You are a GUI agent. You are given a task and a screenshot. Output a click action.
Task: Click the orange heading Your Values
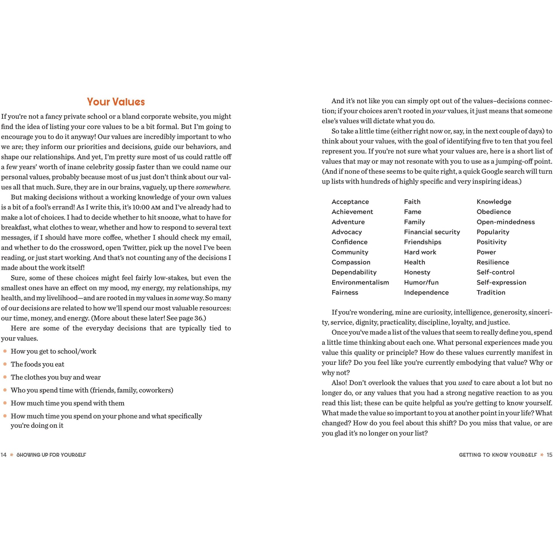click(x=116, y=102)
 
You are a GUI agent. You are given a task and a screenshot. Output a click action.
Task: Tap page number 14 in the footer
click(x=4, y=455)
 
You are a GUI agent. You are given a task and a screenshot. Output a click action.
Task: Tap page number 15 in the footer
click(x=549, y=455)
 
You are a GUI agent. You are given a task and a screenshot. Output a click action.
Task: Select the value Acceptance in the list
click(x=350, y=202)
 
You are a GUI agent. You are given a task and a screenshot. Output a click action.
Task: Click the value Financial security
click(x=432, y=232)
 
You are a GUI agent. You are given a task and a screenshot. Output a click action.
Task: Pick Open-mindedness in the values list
click(x=505, y=222)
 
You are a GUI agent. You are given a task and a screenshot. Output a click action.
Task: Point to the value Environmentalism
click(x=360, y=282)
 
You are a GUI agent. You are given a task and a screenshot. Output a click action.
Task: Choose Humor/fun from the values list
click(x=421, y=282)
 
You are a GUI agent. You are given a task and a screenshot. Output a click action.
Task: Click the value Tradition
click(x=491, y=292)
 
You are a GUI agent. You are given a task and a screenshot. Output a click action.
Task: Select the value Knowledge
click(x=494, y=202)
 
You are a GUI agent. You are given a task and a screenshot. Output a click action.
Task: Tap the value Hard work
click(x=420, y=252)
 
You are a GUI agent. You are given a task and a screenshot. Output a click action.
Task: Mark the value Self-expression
click(x=501, y=282)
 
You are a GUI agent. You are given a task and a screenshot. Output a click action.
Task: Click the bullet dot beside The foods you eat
click(x=5, y=364)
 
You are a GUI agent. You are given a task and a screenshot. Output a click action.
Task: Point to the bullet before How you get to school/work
click(x=5, y=351)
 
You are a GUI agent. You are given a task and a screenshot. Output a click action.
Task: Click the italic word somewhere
click(x=213, y=187)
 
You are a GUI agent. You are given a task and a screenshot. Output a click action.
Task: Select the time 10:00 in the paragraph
click(x=141, y=207)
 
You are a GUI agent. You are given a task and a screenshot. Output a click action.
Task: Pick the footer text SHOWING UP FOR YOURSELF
click(x=51, y=455)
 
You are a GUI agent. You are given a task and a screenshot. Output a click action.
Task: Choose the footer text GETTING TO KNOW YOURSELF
click(x=498, y=455)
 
